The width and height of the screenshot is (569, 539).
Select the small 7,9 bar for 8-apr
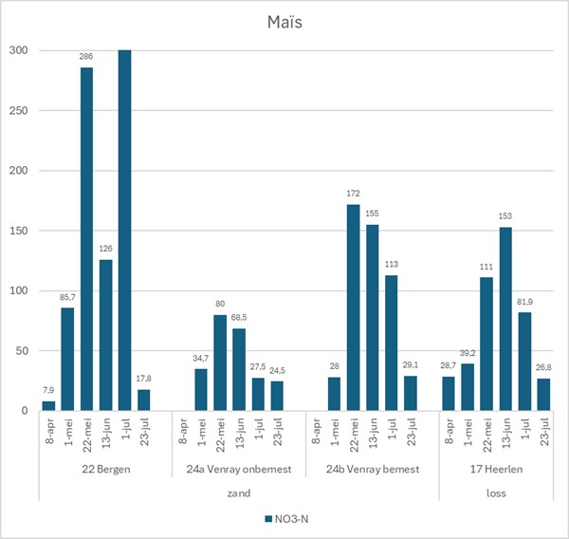[x=48, y=406]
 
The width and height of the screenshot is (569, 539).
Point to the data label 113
[x=391, y=265]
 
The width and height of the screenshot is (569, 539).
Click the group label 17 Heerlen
[x=494, y=469]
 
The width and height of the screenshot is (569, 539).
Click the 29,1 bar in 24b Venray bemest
[x=410, y=394]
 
